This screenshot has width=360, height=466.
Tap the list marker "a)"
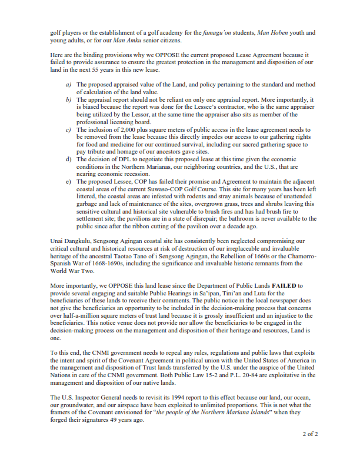tap(69, 85)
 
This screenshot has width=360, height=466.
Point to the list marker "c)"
tap(69, 129)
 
